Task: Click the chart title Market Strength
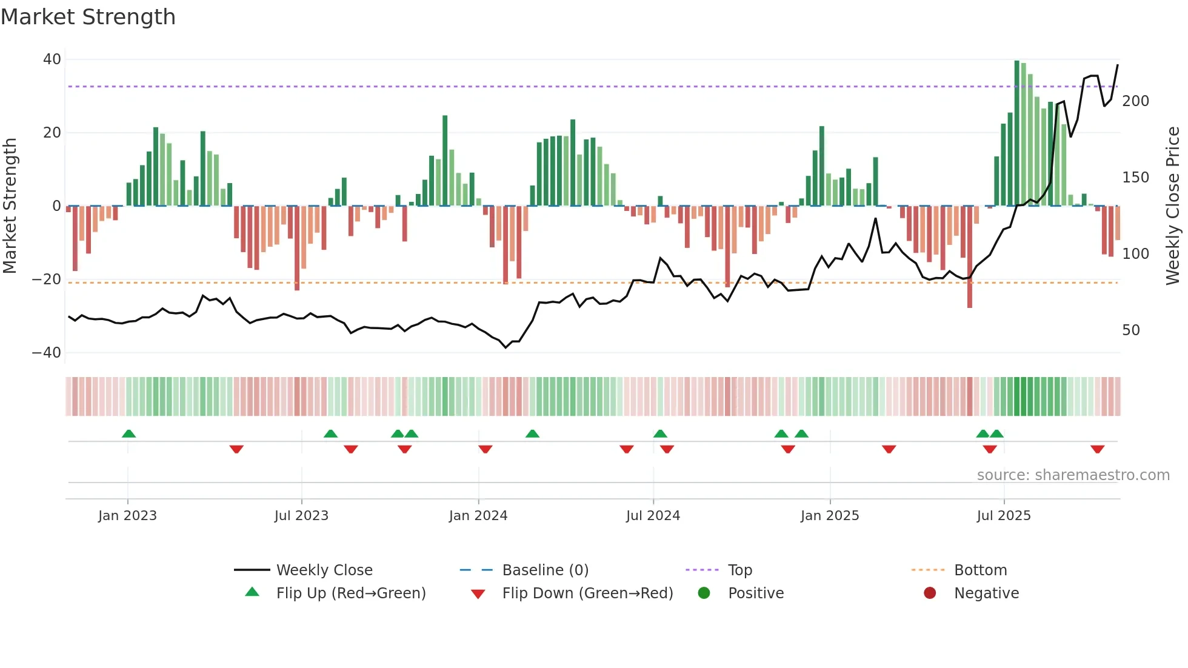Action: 88,17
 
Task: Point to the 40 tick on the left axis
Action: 52,59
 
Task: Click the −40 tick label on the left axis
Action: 47,353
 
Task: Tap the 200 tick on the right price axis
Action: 1135,101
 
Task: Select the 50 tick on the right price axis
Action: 1130,330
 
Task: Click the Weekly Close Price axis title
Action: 1173,206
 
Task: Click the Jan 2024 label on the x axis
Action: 478,516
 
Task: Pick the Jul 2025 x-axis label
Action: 1003,516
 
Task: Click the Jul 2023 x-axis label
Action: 301,516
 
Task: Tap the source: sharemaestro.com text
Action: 1073,475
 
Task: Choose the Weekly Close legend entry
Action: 324,570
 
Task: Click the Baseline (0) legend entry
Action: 545,570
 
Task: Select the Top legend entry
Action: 739,570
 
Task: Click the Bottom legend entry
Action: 980,570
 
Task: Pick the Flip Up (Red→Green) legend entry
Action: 350,593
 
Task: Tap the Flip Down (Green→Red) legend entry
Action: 587,593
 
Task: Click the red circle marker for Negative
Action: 929,593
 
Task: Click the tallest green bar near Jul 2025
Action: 1017,133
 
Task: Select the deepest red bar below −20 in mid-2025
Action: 970,258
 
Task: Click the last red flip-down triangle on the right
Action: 1097,449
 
